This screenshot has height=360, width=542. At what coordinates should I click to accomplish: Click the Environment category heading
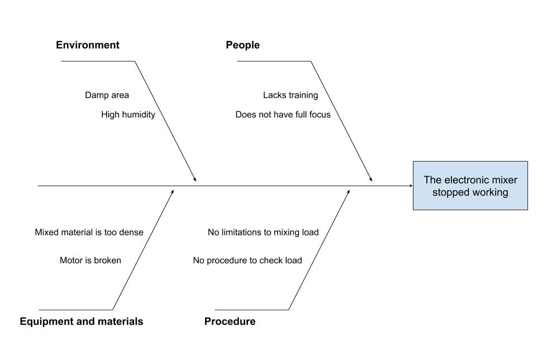click(87, 45)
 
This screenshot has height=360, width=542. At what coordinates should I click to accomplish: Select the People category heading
click(243, 45)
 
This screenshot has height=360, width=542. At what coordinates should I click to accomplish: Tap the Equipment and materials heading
click(81, 321)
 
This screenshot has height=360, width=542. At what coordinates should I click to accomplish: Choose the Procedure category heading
click(230, 321)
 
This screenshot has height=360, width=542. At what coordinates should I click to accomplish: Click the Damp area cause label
click(107, 95)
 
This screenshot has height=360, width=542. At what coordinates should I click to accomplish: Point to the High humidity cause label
click(128, 115)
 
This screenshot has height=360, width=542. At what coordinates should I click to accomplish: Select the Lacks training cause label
click(290, 95)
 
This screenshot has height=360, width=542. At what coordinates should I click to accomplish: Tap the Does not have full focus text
click(283, 115)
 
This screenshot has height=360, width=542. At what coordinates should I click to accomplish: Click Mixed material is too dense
click(89, 232)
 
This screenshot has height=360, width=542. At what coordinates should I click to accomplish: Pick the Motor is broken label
click(90, 260)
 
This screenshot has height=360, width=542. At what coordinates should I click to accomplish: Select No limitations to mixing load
click(263, 232)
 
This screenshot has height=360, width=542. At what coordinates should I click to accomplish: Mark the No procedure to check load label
click(247, 260)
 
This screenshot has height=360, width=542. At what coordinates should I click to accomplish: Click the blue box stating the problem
click(470, 186)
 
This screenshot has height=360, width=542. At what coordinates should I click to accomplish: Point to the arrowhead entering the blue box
click(410, 185)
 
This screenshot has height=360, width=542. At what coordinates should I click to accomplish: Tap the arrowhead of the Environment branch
click(195, 179)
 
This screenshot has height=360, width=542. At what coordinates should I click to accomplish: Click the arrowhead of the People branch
click(370, 179)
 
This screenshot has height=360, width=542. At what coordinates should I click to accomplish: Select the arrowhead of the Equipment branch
click(173, 191)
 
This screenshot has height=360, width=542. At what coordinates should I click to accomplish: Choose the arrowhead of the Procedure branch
click(349, 191)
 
